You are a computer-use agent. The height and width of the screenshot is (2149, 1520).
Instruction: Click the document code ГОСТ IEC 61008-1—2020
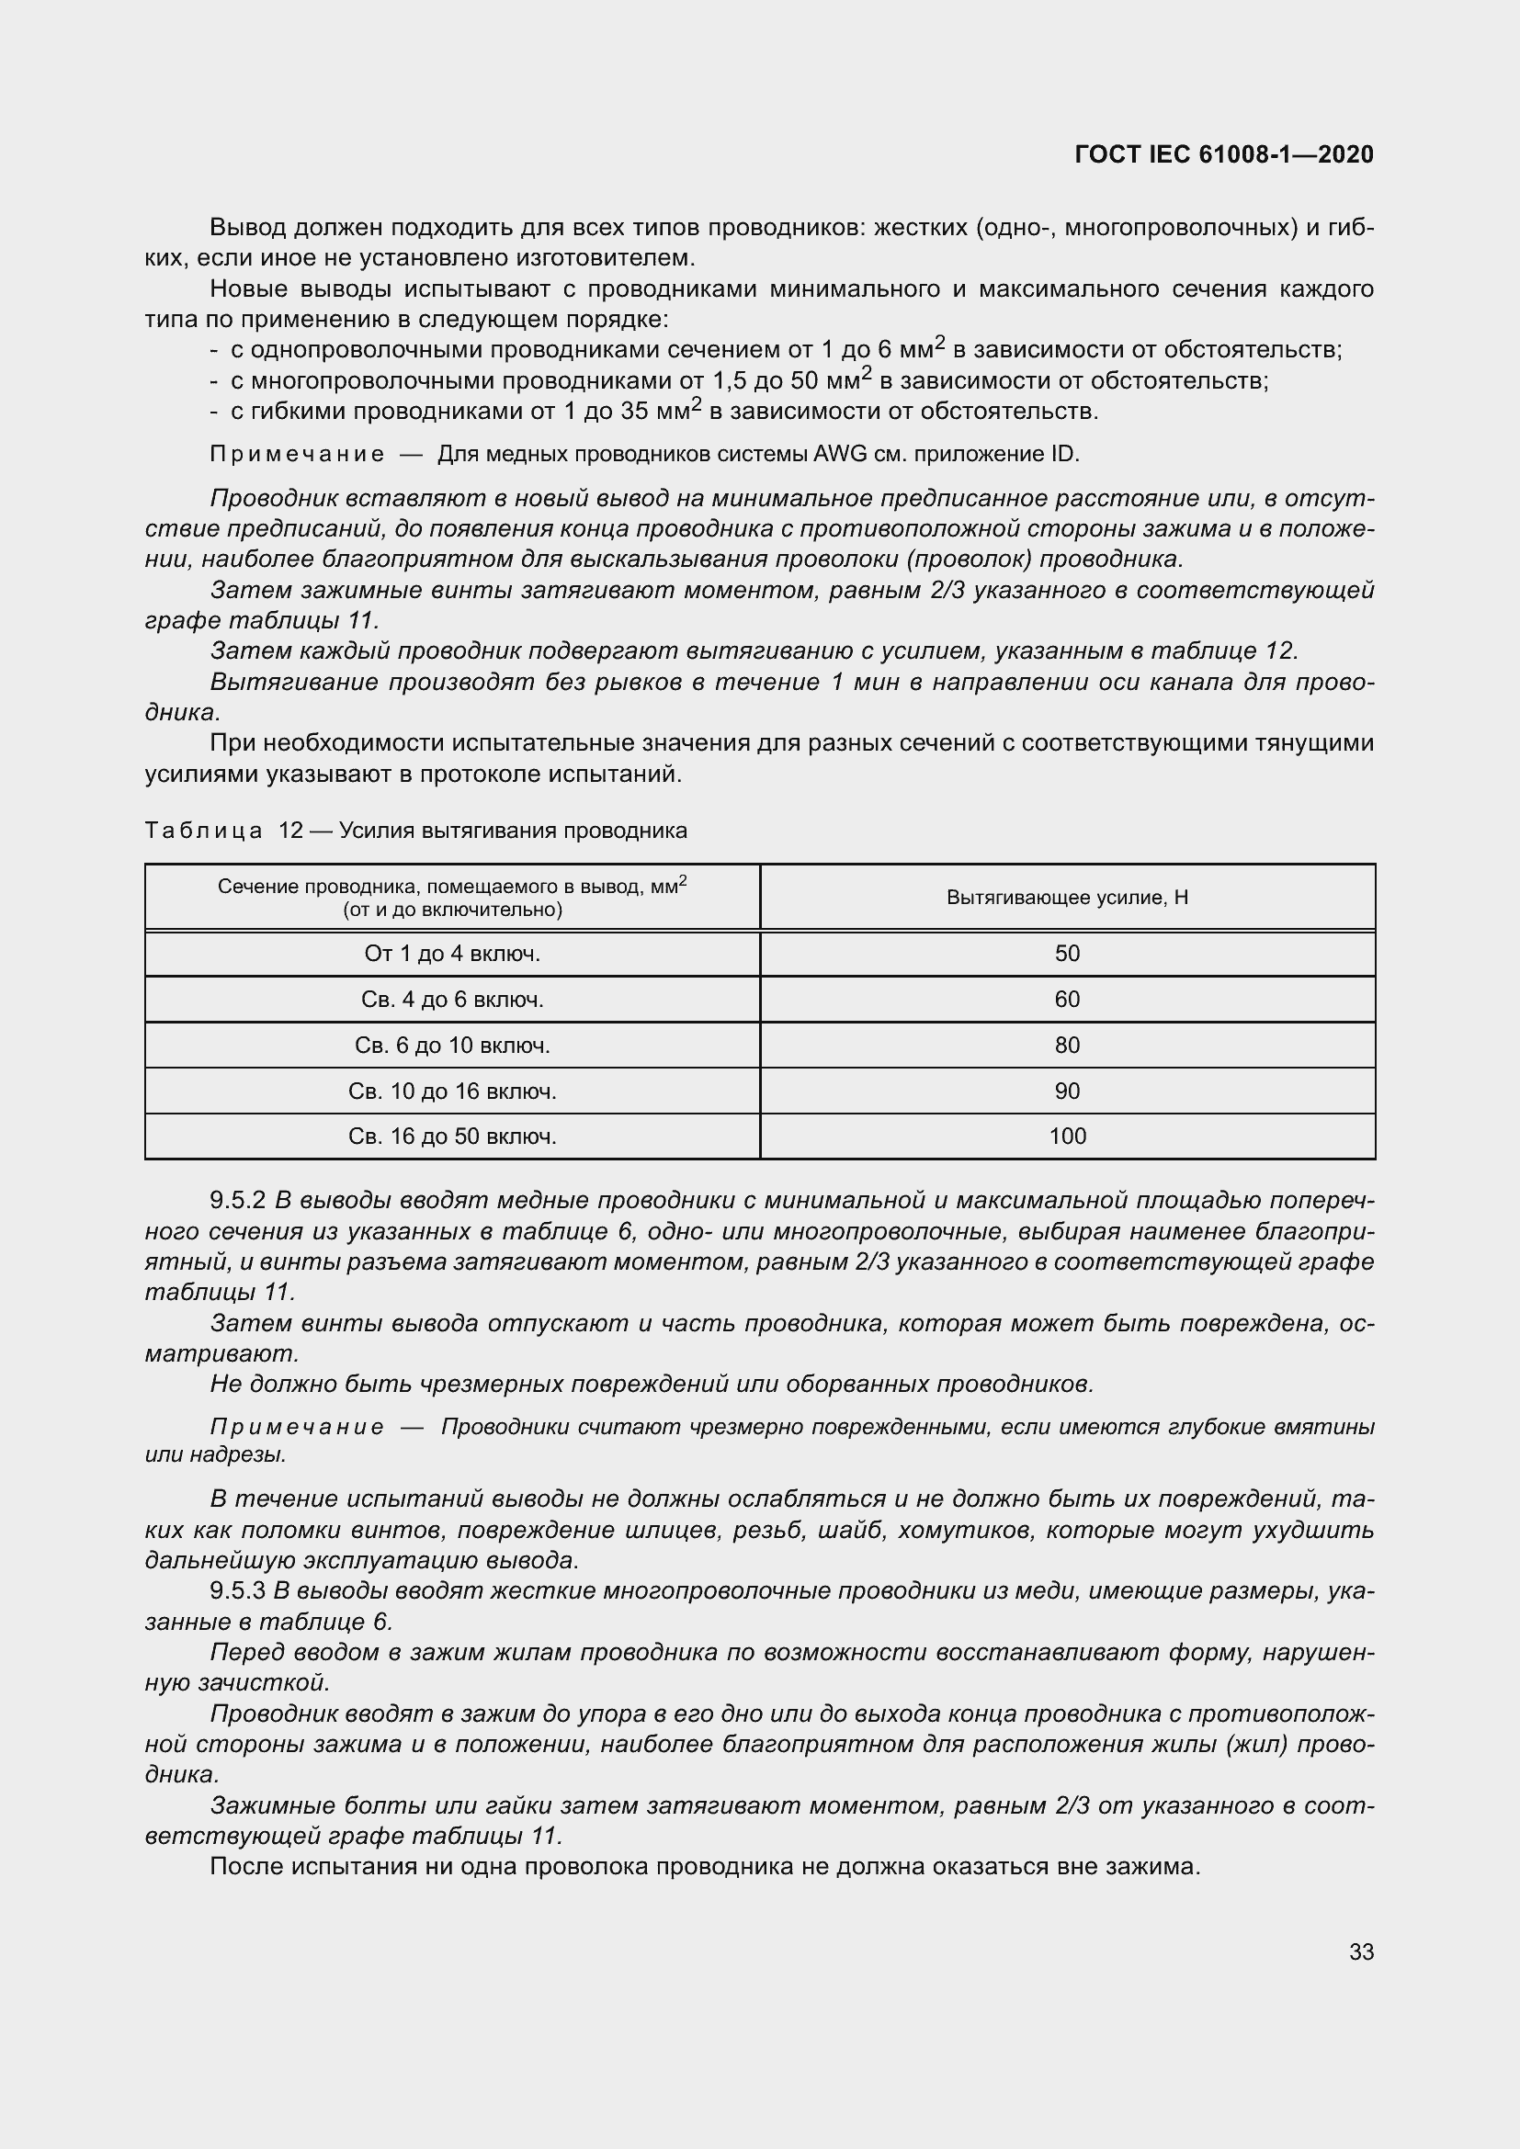[x=1224, y=154]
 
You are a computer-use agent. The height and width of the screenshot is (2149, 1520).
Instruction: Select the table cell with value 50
[x=1067, y=954]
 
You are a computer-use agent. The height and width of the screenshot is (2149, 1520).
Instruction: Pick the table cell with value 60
[x=1067, y=1000]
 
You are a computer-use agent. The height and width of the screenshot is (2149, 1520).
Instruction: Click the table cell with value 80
[x=1067, y=1046]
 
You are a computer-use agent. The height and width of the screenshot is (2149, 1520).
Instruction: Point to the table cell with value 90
[x=1067, y=1091]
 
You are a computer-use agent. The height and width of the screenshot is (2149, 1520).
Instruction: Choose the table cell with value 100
[x=1067, y=1137]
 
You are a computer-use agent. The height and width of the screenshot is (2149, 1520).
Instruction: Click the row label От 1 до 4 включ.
[x=452, y=954]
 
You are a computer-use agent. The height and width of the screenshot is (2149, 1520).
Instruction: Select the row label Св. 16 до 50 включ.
[x=452, y=1137]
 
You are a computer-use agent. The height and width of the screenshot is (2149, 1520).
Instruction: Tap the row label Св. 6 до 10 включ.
[x=452, y=1046]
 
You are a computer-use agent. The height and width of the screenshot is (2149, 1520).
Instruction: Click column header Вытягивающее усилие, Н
[x=1067, y=898]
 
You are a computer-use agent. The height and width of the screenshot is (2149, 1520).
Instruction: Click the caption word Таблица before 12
[x=204, y=831]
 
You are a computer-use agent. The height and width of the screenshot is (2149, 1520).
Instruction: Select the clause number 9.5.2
[x=238, y=1201]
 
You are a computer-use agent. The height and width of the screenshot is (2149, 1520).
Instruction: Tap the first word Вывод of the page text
[x=248, y=228]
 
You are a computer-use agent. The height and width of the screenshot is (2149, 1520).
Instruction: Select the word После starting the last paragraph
[x=248, y=1867]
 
